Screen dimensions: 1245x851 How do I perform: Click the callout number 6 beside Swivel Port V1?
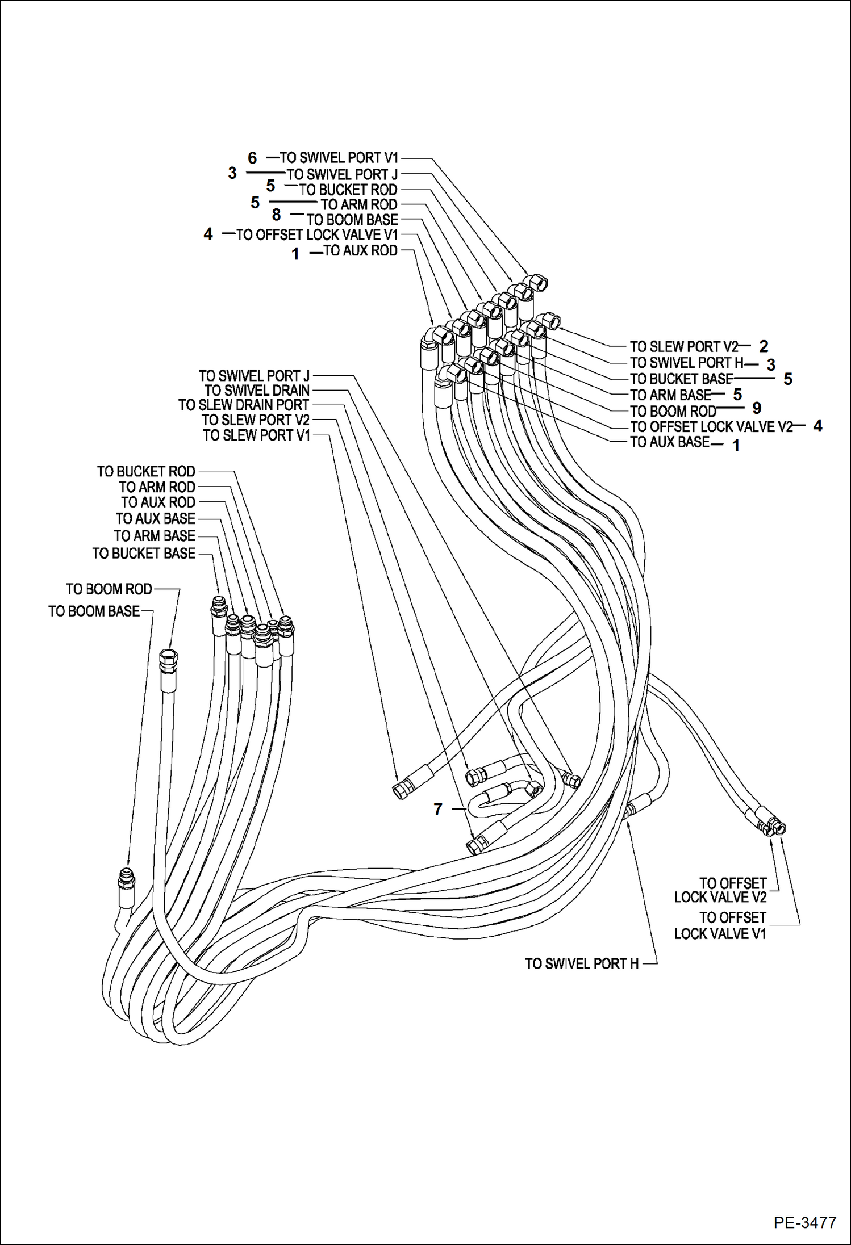point(252,158)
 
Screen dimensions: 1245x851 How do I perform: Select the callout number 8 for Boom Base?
point(276,215)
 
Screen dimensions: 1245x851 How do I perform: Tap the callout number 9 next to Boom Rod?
point(757,408)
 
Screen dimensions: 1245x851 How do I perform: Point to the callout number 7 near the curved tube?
point(437,809)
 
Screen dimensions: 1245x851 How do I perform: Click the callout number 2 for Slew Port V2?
point(764,346)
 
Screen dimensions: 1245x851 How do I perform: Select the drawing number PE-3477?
point(804,1221)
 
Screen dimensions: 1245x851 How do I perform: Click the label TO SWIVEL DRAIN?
point(257,391)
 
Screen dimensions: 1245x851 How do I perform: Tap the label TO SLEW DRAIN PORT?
point(244,405)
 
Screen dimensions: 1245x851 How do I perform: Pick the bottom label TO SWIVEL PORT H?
point(582,963)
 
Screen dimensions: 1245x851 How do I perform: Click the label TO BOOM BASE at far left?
point(94,611)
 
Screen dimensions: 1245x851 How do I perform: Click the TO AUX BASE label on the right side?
point(670,442)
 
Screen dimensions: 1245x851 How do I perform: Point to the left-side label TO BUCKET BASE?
point(144,553)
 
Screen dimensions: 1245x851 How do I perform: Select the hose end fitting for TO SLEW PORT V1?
point(401,790)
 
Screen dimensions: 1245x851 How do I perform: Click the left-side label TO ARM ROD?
point(157,487)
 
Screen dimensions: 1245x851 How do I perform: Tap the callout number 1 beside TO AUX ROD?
point(295,254)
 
